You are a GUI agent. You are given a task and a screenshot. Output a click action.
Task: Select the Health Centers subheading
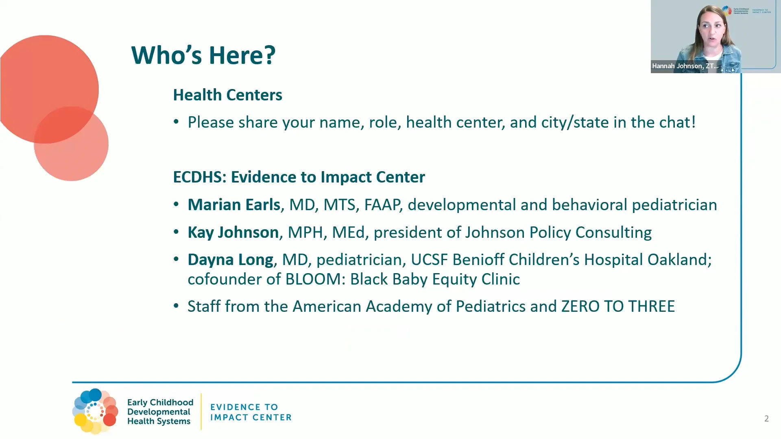(227, 95)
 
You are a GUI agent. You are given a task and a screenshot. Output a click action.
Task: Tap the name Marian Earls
(234, 205)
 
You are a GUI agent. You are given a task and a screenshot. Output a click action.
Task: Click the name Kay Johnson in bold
(233, 233)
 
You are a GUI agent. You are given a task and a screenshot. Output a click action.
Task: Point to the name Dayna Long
(230, 260)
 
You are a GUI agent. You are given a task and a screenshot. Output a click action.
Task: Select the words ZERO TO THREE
(618, 306)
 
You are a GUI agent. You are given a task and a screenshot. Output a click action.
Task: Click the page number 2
(766, 419)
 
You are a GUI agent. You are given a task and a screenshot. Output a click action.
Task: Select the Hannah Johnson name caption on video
(685, 66)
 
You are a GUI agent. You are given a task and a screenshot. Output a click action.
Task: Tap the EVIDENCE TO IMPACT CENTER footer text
(251, 412)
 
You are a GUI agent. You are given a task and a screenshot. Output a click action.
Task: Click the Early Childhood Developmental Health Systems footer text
(160, 412)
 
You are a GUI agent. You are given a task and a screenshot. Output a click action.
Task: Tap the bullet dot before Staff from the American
(176, 306)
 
